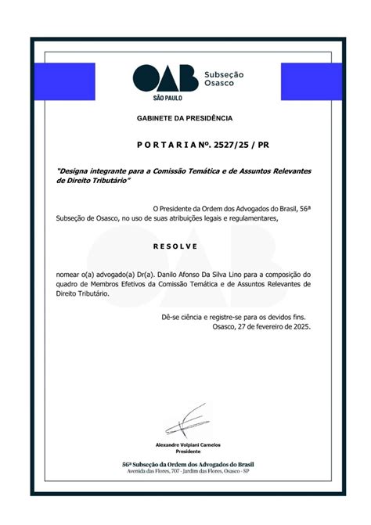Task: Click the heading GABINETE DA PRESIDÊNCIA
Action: pyautogui.click(x=185, y=118)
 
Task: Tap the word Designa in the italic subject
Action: pyautogui.click(x=76, y=171)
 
